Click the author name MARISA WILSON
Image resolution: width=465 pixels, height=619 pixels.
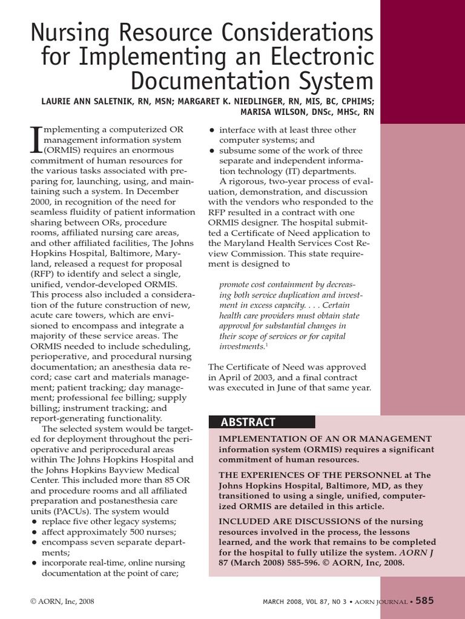tap(272, 112)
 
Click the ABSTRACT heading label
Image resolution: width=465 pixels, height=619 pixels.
tap(248, 422)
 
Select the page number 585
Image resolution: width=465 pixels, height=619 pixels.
tap(424, 600)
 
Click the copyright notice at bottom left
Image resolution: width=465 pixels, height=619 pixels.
tap(62, 601)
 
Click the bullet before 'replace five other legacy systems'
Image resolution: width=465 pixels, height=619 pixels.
tap(34, 522)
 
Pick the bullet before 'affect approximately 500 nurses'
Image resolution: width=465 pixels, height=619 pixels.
tap(34, 532)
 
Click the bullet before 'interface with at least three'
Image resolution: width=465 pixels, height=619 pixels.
tap(212, 130)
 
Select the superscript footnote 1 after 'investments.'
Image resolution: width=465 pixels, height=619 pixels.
tap(267, 345)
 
